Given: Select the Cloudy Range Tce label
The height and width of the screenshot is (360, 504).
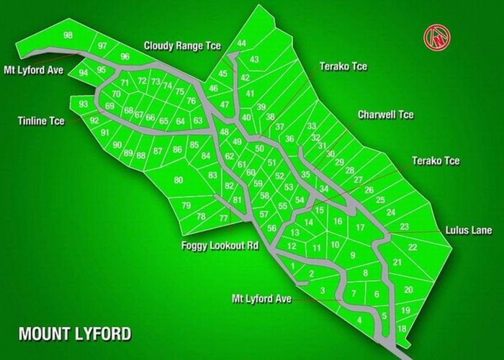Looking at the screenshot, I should [182, 45].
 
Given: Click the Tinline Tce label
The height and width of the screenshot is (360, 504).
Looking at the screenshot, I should [40, 121].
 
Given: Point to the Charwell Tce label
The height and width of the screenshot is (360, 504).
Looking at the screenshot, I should [387, 114].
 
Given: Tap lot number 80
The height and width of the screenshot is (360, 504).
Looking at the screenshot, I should [178, 180].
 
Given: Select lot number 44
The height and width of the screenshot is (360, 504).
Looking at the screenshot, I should [242, 43].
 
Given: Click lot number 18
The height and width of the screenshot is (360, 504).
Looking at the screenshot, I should [402, 328].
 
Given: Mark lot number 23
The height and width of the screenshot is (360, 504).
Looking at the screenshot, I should [404, 227].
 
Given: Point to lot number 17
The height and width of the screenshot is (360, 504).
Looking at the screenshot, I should [359, 228].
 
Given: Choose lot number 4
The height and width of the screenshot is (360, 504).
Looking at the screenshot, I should [359, 320].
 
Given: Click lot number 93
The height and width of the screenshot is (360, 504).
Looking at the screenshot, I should [84, 104].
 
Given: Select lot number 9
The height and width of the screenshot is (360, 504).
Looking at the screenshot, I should [353, 256].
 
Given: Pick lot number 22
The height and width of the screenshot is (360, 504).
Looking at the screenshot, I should [412, 247].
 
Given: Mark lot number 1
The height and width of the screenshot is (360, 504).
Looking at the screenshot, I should [292, 266].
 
